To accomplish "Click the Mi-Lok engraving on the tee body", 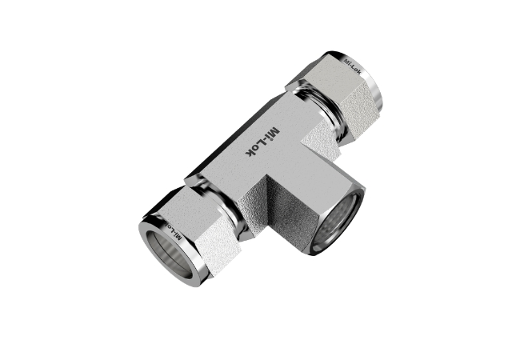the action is pos(262,142).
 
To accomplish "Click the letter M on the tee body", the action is pos(275,132).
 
